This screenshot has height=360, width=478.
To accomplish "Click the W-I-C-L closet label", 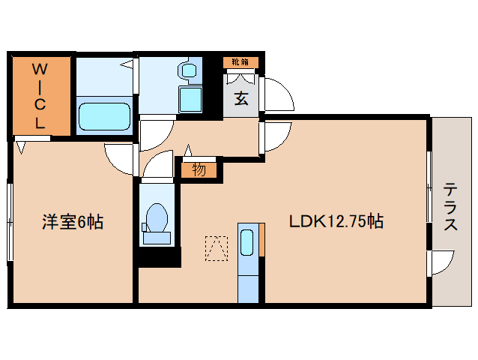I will pos(40,96).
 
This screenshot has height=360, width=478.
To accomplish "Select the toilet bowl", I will pos(157,219).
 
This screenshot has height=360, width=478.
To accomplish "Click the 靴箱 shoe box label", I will pos(240,62).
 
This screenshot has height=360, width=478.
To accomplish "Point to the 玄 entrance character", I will pos(241,97).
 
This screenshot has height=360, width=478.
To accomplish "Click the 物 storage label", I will pos(199,169).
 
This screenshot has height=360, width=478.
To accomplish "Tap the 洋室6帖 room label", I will pos(73,221).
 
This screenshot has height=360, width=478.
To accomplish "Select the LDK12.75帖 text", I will pos(337,221).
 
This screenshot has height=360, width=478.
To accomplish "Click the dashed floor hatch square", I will pos(216,247).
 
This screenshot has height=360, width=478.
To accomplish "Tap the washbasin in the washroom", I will pos(187,72).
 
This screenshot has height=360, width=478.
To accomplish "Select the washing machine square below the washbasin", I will pos(190,99).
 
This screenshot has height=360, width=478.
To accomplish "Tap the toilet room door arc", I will pos(157,166).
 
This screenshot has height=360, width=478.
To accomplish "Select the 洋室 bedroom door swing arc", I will pos(120,157).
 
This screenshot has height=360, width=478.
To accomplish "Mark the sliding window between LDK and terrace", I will pos(429,187).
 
